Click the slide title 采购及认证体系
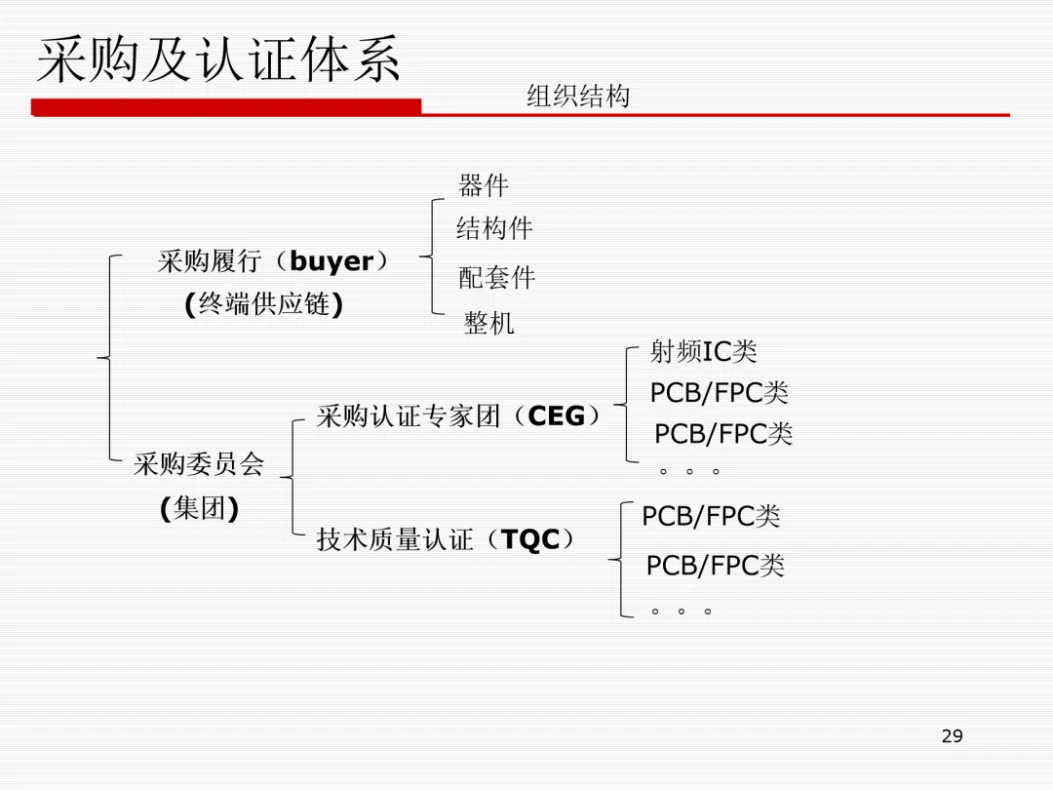[x=218, y=60]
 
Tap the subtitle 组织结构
[x=578, y=97]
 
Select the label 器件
[x=484, y=185]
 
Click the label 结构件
[x=494, y=229]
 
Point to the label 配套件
[x=497, y=278]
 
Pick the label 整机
[x=489, y=324]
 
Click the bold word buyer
[x=331, y=261]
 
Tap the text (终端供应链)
[x=263, y=305]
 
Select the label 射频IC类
[x=703, y=352]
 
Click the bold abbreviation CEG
[x=556, y=416]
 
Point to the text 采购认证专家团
[x=409, y=416]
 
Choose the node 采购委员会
[x=199, y=464]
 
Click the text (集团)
[x=199, y=509]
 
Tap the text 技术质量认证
[x=395, y=539]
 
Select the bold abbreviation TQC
[x=530, y=539]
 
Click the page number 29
[x=952, y=736]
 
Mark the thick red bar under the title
[x=226, y=107]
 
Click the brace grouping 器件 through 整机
[x=430, y=257]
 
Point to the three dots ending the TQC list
[x=681, y=612]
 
